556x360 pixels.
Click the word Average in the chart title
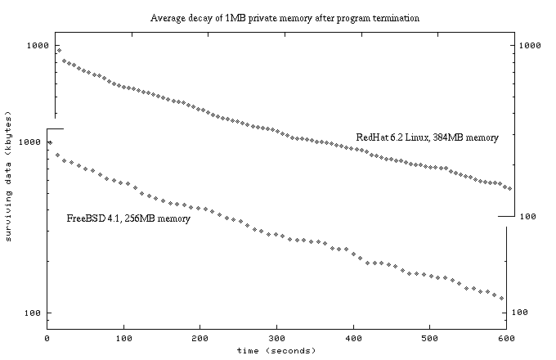(x=167, y=17)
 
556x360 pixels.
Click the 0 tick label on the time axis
(x=47, y=338)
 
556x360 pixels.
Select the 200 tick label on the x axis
(x=200, y=338)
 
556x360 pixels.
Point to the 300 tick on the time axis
(x=276, y=338)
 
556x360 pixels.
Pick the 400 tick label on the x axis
(x=353, y=338)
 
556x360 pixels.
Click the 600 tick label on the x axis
(x=506, y=338)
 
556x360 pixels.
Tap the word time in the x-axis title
(x=249, y=350)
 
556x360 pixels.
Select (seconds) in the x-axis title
(x=289, y=350)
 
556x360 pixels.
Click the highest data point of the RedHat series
(x=58, y=50)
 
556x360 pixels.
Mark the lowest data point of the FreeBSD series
(x=501, y=299)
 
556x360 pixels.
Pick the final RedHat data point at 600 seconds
(x=509, y=189)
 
